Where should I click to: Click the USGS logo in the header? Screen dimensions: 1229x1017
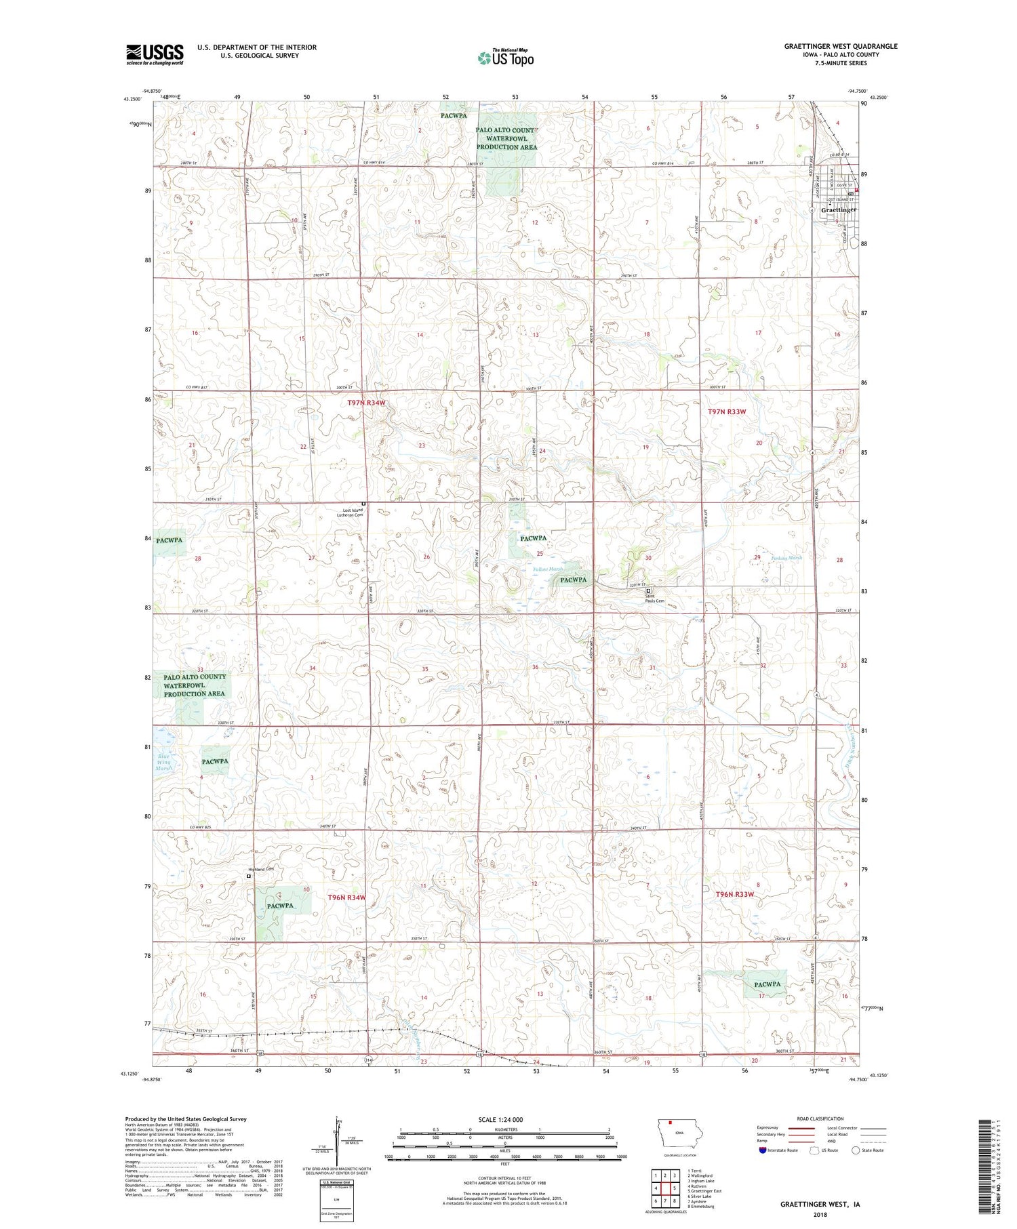click(155, 54)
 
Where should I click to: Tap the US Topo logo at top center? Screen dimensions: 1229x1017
click(506, 58)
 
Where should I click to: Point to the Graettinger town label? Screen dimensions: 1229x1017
click(838, 210)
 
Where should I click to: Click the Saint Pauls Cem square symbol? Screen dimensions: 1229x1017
click(647, 590)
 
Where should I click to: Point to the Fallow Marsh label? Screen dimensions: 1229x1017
click(547, 569)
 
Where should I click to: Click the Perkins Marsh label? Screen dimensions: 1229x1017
click(786, 558)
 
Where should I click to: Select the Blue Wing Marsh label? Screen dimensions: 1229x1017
click(164, 762)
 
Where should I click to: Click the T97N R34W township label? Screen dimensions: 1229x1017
click(366, 403)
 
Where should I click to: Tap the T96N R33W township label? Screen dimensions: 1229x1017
click(735, 894)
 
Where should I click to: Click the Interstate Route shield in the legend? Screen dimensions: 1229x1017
click(762, 1150)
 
